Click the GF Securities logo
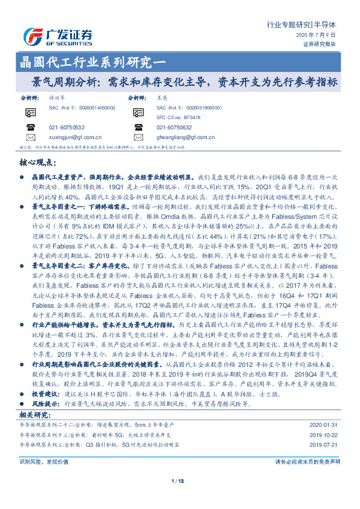click(57, 36)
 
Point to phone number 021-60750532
click(67, 127)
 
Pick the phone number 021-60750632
click(174, 127)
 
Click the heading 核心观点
click(38, 163)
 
